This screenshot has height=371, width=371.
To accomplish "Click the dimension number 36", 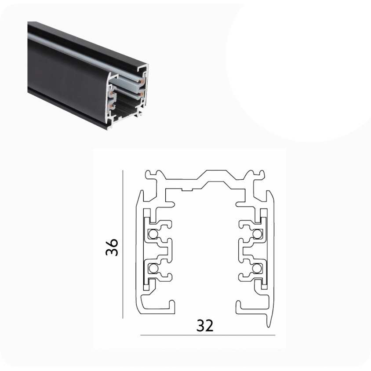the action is coord(112,247).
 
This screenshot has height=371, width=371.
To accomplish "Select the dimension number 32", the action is coord(205,326).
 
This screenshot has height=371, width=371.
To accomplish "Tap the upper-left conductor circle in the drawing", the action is coord(153,234).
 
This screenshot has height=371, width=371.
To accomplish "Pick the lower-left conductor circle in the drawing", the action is coord(153,268).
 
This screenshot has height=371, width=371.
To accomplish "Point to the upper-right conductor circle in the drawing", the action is coord(257,234).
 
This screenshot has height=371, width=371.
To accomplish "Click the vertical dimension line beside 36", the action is coord(123,244).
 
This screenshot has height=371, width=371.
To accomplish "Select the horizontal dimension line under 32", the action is coord(208,335).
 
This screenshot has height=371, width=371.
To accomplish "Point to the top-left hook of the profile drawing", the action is coord(151,175).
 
